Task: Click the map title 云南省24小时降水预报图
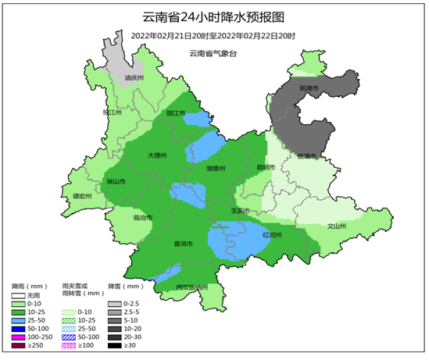[213, 16]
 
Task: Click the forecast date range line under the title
[213, 35]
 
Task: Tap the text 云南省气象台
[213, 53]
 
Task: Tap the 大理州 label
[158, 155]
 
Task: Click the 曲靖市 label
[308, 155]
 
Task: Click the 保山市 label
[116, 181]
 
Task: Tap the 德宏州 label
[82, 196]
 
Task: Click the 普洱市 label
[183, 243]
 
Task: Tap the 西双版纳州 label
[191, 287]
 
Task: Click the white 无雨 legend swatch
[19, 296]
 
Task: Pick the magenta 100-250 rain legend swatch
[19, 336]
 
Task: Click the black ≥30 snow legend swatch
[115, 344]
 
